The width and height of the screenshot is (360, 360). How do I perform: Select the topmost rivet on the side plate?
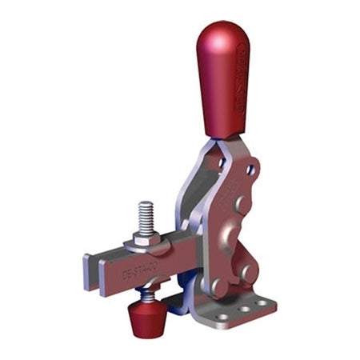click(240, 205)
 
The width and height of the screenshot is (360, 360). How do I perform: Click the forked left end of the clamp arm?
click(90, 273)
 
